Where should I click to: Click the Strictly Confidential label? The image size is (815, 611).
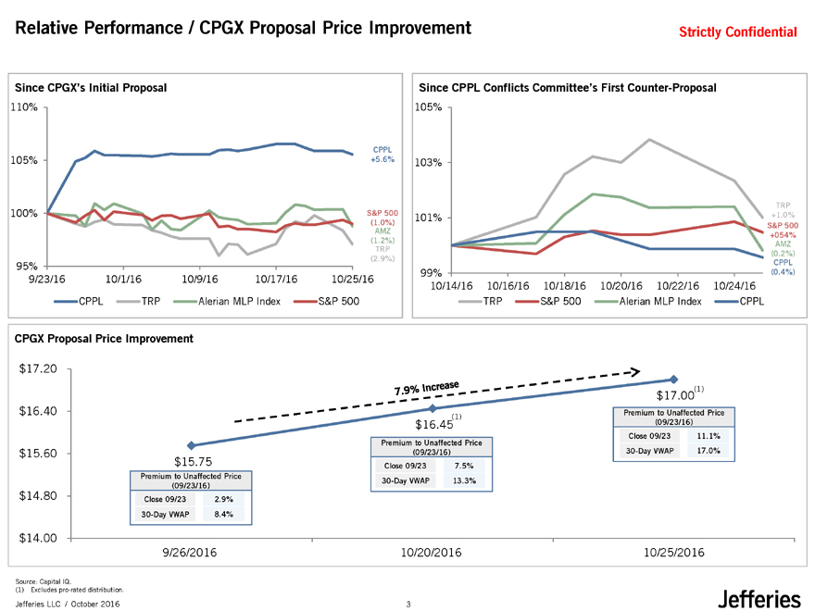(x=738, y=32)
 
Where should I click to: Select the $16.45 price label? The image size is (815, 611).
(x=433, y=425)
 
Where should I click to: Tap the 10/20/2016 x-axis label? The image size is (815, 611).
(x=432, y=553)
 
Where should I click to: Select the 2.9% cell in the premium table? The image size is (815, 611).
(x=219, y=499)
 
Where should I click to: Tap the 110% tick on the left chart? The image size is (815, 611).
(x=24, y=107)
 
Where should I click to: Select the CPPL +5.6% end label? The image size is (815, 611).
(x=382, y=154)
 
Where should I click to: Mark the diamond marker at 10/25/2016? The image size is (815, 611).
(x=673, y=380)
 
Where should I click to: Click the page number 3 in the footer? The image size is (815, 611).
(x=407, y=605)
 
